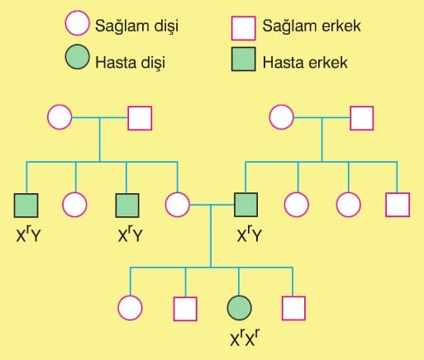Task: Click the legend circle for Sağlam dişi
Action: point(77,23)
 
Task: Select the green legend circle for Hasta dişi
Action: point(77,57)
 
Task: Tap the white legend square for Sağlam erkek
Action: point(243,28)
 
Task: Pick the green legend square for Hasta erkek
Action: point(243,59)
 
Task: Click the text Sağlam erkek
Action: point(312,26)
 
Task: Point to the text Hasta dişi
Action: point(130,63)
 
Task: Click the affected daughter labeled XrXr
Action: point(239,308)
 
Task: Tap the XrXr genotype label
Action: point(245,338)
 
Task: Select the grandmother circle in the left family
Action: point(60,117)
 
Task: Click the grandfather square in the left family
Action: point(140,118)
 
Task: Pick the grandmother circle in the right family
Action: point(281,117)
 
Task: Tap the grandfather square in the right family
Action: point(362,118)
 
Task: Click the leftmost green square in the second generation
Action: point(26,206)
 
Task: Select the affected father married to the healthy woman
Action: point(246,205)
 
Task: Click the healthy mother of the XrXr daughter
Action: point(178,205)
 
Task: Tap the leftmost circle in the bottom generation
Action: point(130,308)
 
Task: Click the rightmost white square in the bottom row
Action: point(293,308)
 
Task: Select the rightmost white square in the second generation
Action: point(398,205)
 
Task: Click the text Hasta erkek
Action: point(305,63)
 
